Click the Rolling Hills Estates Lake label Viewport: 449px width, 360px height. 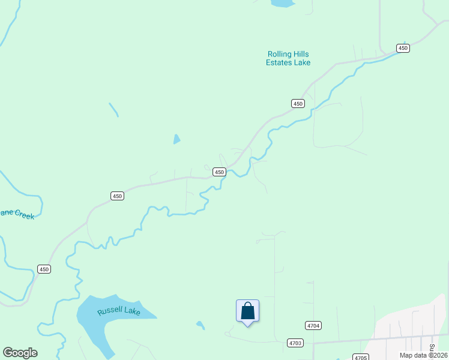(x=288, y=58)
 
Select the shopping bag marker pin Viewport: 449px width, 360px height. (x=247, y=311)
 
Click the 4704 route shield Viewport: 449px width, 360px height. (x=313, y=325)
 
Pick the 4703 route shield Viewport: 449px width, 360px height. (x=295, y=343)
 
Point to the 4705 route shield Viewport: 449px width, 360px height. (x=360, y=357)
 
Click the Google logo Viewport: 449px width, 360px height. (x=20, y=353)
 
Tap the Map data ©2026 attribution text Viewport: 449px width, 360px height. (x=423, y=355)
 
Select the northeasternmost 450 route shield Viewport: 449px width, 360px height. (x=402, y=48)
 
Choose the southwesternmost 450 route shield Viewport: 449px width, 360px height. (x=44, y=269)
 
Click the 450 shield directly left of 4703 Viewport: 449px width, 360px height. (x=44, y=269)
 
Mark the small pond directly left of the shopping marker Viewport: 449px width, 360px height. (x=200, y=325)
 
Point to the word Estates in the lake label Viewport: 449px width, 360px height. (x=280, y=62)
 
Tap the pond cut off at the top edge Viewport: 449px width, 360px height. (x=283, y=3)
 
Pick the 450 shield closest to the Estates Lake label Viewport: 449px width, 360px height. (x=298, y=104)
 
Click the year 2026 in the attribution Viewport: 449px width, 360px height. (x=438, y=355)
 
